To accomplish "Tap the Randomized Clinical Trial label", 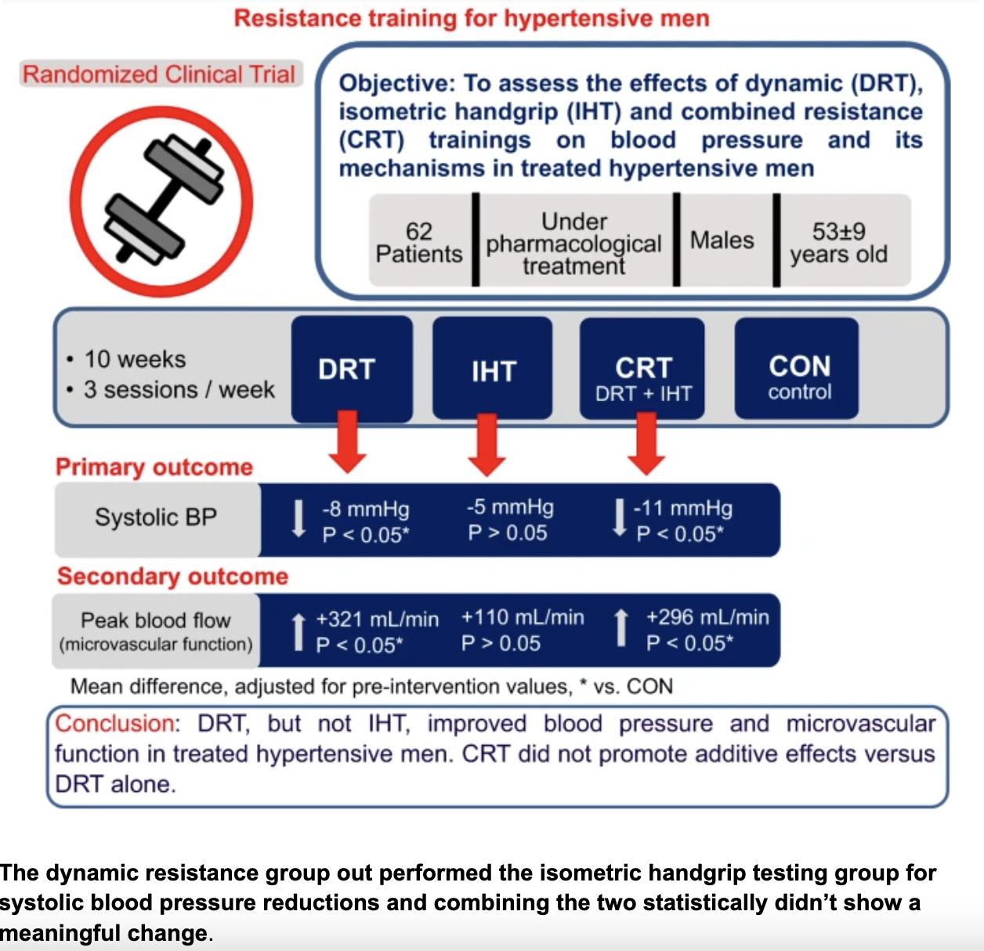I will click(160, 74).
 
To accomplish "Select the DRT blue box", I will click(351, 369).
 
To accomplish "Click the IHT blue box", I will click(493, 370).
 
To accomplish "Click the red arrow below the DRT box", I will click(347, 443).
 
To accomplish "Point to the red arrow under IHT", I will click(487, 444).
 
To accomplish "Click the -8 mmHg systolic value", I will click(365, 510).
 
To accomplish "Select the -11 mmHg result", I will click(682, 509).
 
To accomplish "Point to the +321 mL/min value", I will click(377, 620).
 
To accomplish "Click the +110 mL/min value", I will click(523, 617).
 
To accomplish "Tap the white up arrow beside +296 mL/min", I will click(620, 629).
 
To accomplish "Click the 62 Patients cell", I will click(419, 242).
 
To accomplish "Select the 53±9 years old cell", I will click(838, 242).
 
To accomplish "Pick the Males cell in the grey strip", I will click(722, 240).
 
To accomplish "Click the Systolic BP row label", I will click(156, 517).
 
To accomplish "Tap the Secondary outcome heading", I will click(172, 577).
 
